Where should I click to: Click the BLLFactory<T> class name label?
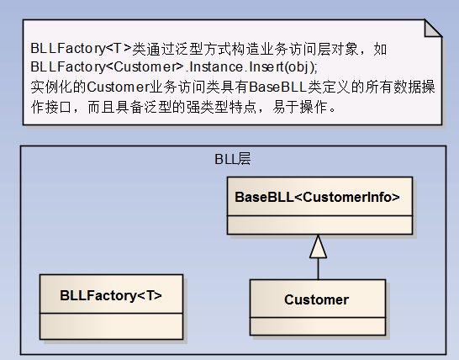(111, 295)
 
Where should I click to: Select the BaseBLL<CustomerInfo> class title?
(317, 197)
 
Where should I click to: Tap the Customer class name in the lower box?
(316, 299)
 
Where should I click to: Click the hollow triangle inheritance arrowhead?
(319, 246)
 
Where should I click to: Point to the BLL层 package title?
(233, 159)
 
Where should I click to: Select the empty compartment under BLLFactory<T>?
(111, 326)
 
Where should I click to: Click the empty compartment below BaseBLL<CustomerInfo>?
(320, 225)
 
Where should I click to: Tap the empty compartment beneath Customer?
(318, 326)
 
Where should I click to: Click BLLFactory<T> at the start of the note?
(81, 48)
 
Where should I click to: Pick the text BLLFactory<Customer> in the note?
(108, 67)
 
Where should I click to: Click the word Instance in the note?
(216, 67)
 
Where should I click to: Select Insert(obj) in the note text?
(282, 67)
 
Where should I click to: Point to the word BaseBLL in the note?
(277, 87)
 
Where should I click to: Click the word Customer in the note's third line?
(118, 87)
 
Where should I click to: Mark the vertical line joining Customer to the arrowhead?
(319, 269)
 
